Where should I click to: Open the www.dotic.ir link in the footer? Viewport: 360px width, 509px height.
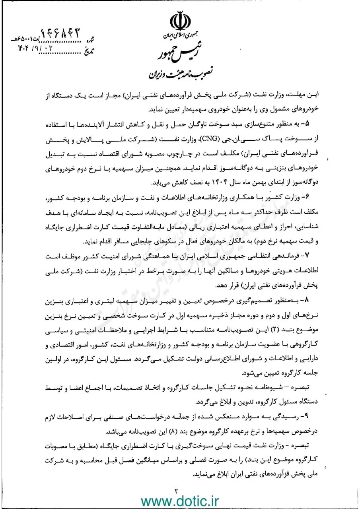180,498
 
